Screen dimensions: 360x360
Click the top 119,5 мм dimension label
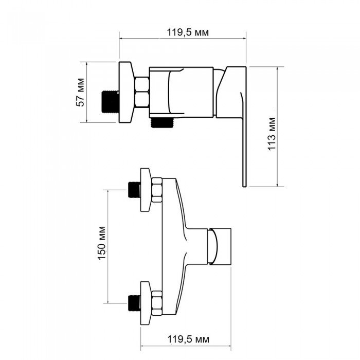click(x=188, y=32)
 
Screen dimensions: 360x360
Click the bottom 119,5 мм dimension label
click(x=188, y=339)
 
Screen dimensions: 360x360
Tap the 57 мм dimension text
click(x=80, y=92)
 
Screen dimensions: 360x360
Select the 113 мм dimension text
click(x=272, y=134)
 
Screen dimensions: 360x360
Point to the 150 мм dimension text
click(x=102, y=243)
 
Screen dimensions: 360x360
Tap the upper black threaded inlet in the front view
click(x=134, y=190)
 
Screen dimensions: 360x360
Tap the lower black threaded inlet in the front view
click(x=134, y=303)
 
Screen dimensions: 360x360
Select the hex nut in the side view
click(x=142, y=92)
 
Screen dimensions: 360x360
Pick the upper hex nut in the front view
click(x=157, y=190)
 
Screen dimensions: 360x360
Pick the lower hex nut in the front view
click(x=157, y=303)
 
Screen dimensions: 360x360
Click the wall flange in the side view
click(x=126, y=92)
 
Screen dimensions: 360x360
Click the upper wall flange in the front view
click(x=146, y=190)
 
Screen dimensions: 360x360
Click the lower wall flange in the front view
click(x=146, y=303)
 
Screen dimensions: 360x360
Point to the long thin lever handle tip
click(x=244, y=186)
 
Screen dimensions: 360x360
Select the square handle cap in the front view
click(x=220, y=246)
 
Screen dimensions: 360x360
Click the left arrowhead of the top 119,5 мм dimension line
click(x=120, y=39)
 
